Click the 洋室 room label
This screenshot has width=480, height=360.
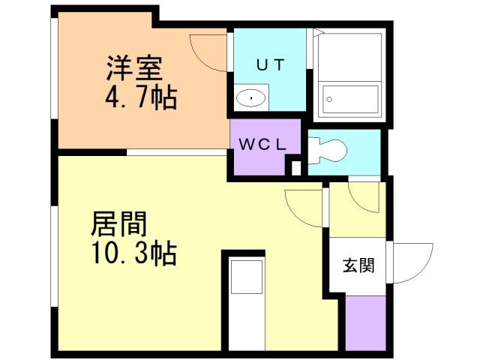pyautogui.click(x=134, y=68)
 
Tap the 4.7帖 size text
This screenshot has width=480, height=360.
pyautogui.click(x=141, y=97)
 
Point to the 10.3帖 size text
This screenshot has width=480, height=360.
pyautogui.click(x=134, y=253)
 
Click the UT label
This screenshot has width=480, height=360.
pyautogui.click(x=271, y=65)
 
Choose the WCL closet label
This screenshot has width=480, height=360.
pyautogui.click(x=262, y=145)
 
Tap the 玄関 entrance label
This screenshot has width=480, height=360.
pyautogui.click(x=358, y=265)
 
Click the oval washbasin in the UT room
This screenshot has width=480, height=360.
pyautogui.click(x=251, y=98)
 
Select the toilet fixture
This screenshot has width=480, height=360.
pyautogui.click(x=328, y=151)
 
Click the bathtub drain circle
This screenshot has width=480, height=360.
pyautogui.click(x=329, y=99)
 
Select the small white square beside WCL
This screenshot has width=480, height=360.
pyautogui.click(x=296, y=168)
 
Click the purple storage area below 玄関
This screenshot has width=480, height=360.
pyautogui.click(x=366, y=323)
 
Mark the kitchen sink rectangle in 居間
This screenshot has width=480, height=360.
pyautogui.click(x=247, y=277)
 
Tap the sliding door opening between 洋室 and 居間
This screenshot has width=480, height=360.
pyautogui.click(x=177, y=152)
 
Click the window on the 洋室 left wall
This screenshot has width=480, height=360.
pyautogui.click(x=55, y=68)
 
